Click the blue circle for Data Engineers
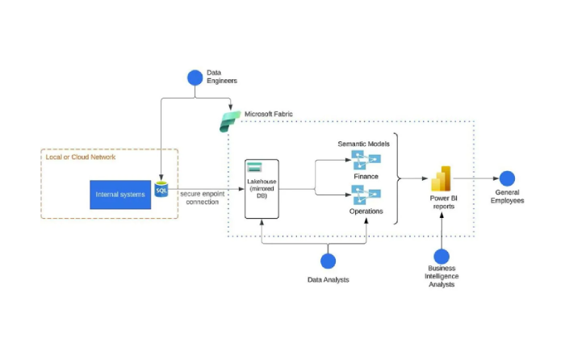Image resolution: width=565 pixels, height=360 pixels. (195, 77)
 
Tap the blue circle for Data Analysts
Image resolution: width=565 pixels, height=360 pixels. (328, 261)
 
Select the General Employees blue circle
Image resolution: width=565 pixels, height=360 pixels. (507, 178)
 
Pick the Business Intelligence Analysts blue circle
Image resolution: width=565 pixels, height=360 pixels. (442, 256)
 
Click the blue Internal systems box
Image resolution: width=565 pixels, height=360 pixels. (120, 195)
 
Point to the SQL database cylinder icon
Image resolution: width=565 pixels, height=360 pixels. (161, 189)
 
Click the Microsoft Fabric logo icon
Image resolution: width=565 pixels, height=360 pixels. (230, 121)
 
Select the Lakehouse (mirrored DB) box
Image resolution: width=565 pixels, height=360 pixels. (262, 189)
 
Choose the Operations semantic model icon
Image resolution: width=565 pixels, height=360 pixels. (365, 195)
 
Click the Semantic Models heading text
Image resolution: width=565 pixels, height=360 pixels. (363, 144)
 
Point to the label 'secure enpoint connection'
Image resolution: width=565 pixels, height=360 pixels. (202, 198)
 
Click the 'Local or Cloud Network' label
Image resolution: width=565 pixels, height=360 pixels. (81, 157)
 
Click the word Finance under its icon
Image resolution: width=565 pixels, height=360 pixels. (365, 176)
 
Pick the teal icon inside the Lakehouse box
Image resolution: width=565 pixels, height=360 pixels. (255, 168)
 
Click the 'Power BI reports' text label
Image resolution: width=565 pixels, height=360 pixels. (442, 202)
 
